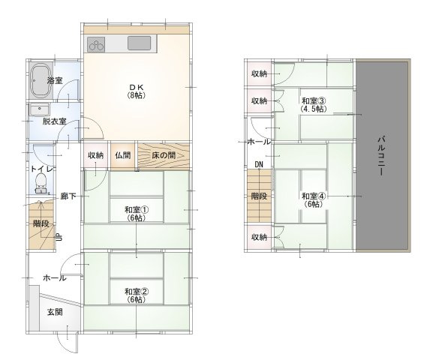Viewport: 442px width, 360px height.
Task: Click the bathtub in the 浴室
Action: point(41,80)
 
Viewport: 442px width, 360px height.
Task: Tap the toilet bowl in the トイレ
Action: point(41,181)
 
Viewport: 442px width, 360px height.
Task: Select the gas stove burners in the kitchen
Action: point(96,44)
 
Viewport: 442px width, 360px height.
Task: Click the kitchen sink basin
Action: point(139,43)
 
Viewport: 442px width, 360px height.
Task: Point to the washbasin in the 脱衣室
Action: point(40,109)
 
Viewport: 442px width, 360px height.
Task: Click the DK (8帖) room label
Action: point(136,91)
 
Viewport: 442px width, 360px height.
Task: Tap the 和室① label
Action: point(137,209)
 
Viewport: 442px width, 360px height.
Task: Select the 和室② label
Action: point(137,291)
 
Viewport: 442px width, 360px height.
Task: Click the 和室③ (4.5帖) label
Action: point(314,104)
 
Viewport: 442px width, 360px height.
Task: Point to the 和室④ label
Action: point(314,196)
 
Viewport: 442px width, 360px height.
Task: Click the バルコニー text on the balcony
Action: point(382,155)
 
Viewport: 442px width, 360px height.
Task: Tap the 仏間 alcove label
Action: point(123,155)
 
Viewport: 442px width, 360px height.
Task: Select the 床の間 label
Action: point(164,155)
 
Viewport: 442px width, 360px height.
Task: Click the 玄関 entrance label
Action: point(55,312)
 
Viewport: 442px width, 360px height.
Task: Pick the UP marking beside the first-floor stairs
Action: point(59,237)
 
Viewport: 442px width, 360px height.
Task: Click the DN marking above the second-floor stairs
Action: point(259,164)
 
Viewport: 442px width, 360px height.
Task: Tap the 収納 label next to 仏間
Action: point(95,155)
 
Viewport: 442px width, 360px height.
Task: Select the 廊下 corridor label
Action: point(68,196)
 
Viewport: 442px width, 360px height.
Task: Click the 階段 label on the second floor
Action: point(259,196)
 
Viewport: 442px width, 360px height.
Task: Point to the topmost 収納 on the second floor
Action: point(259,73)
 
